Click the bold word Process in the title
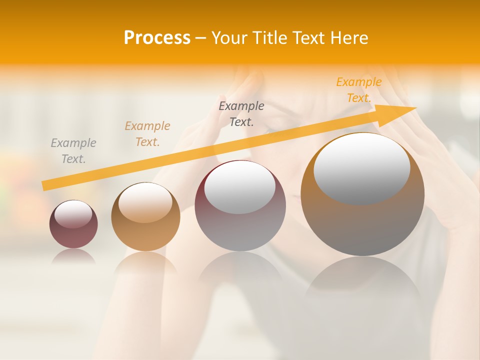click(157, 38)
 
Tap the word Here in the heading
click(348, 38)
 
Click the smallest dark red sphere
click(73, 224)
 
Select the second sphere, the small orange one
click(145, 217)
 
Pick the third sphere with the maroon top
click(240, 206)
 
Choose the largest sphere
click(362, 194)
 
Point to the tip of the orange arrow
click(415, 108)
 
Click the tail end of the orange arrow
click(44, 186)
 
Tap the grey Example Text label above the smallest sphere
click(73, 151)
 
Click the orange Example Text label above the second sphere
click(147, 134)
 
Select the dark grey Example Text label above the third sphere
click(241, 113)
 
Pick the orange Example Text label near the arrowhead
click(359, 90)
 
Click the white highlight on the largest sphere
click(361, 169)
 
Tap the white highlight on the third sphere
click(240, 187)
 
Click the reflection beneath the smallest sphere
click(73, 256)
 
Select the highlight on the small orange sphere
click(145, 203)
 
